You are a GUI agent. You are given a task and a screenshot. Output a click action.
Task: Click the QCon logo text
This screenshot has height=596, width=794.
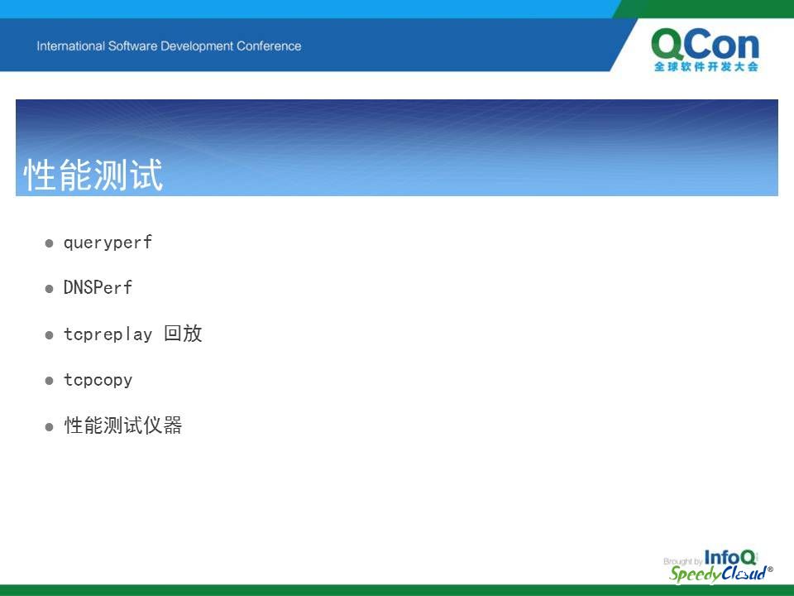point(705,44)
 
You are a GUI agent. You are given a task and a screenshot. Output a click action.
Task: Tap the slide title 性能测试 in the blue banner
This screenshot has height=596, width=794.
point(93,175)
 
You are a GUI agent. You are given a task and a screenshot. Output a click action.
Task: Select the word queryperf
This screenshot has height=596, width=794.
point(108,243)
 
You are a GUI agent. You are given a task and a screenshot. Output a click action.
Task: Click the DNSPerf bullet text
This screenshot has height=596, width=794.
point(98,288)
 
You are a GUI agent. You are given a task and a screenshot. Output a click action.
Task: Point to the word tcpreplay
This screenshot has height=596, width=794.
point(108,334)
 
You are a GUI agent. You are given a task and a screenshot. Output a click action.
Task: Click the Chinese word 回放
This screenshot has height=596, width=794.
point(183,334)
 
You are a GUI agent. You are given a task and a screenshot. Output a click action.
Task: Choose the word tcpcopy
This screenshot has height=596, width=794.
point(98,380)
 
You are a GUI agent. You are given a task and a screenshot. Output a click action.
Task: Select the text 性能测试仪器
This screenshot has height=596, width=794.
point(123,425)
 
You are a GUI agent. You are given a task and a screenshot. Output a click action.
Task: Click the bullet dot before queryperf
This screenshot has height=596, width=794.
point(49,243)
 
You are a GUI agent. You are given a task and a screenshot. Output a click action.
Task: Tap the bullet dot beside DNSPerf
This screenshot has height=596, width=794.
point(49,289)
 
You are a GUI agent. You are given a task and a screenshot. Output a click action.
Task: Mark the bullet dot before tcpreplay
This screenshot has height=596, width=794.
point(49,335)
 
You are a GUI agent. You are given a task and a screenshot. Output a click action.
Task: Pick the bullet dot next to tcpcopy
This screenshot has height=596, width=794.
point(49,381)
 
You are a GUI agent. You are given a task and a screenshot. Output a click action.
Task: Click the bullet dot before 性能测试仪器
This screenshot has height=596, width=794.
point(49,427)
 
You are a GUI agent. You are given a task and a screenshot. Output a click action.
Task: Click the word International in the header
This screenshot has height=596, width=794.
point(70,46)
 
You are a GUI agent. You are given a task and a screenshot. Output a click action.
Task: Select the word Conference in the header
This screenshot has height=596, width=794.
point(269,46)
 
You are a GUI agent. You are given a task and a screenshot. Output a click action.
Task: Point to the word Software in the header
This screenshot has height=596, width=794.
point(132,46)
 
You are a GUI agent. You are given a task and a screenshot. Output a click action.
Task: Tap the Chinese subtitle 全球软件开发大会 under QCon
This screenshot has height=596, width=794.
point(706,66)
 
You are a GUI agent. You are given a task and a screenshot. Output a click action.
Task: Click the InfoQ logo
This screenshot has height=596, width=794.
point(729,557)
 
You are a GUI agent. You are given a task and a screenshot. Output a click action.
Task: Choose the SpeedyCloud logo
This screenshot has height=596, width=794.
point(720,574)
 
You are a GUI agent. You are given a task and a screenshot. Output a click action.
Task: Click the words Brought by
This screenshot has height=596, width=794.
point(682,561)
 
